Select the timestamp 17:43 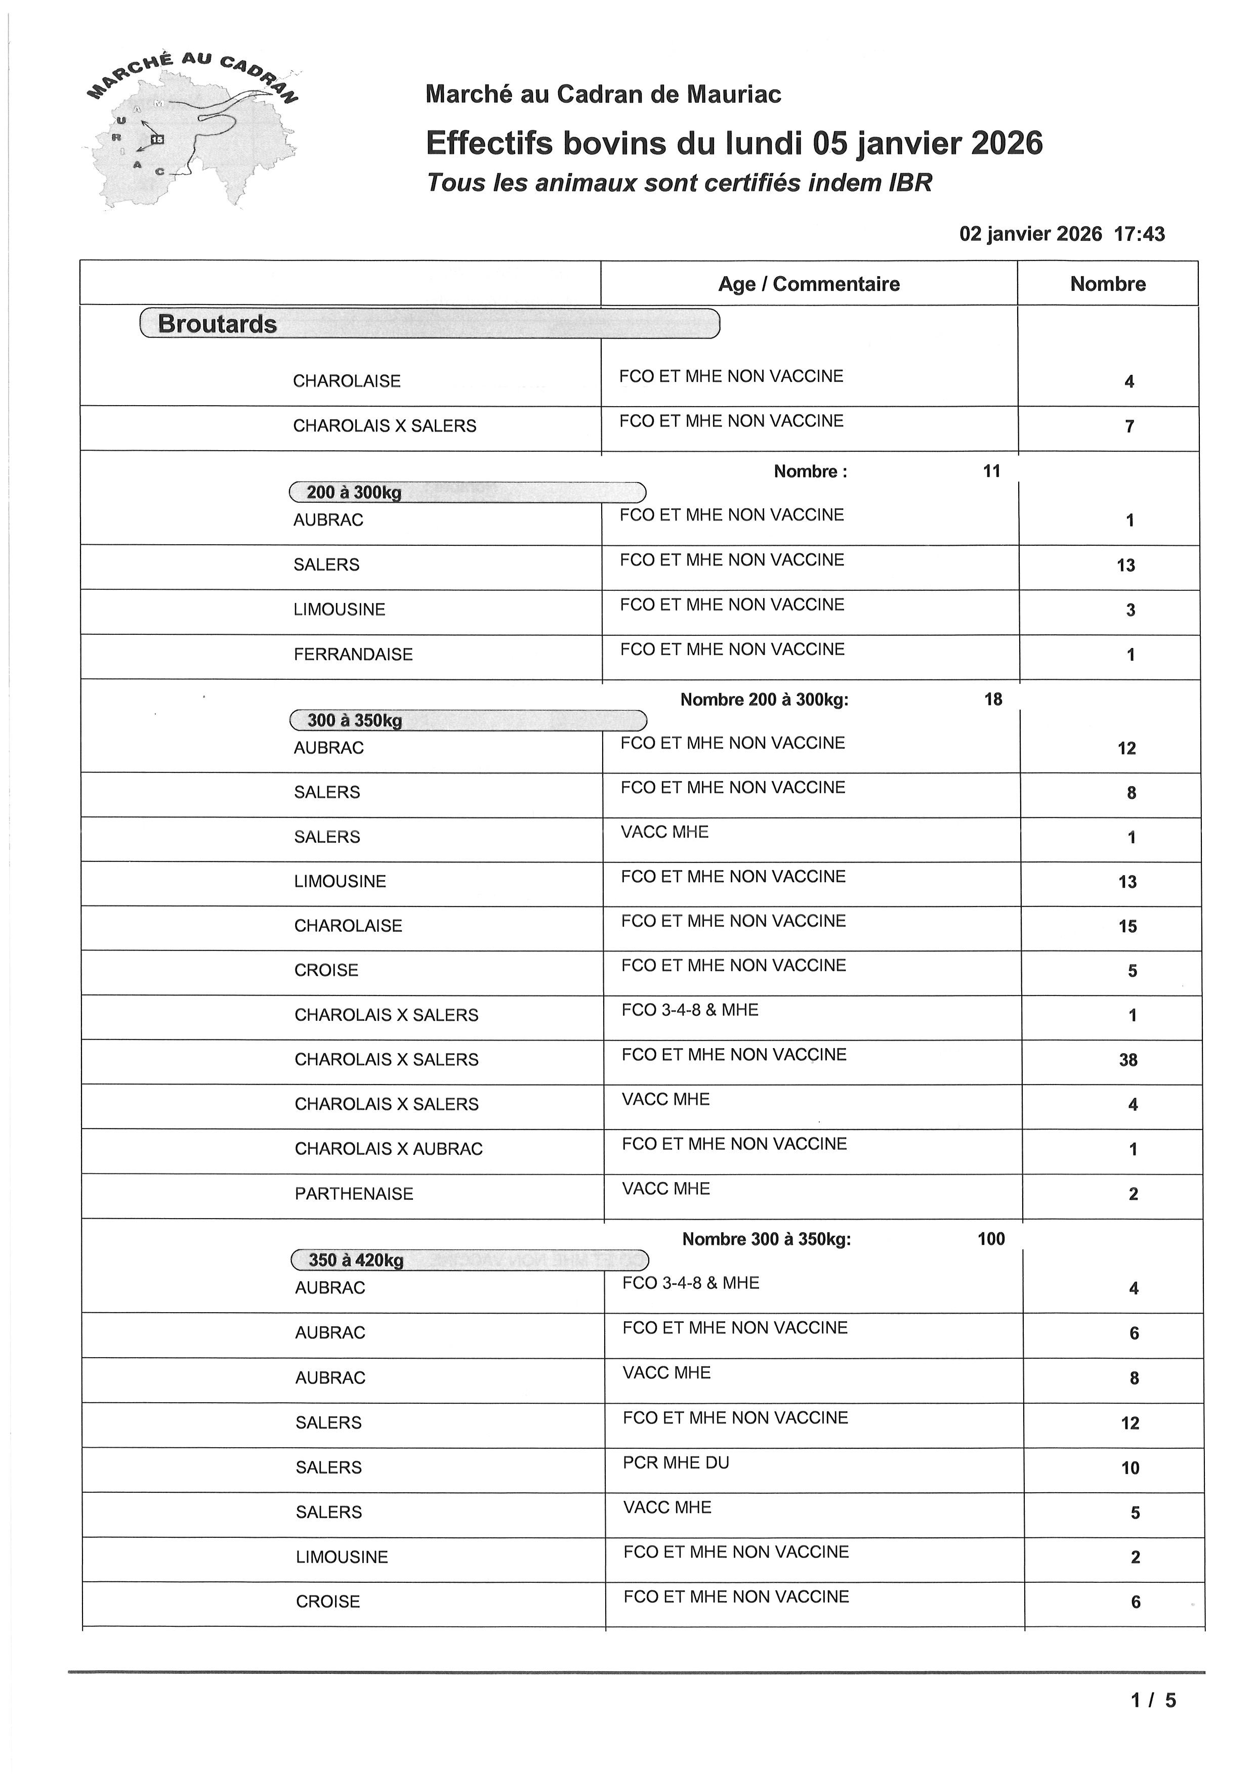[x=1139, y=234]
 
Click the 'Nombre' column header [x=1107, y=284]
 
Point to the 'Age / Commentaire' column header [x=808, y=284]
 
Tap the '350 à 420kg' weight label [x=355, y=1260]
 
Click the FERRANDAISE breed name [x=353, y=655]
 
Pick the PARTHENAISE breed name [x=354, y=1194]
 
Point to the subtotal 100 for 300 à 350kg [x=991, y=1239]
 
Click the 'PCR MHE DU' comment [x=676, y=1462]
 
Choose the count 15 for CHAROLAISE [x=1127, y=926]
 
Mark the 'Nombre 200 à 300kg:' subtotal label [x=764, y=700]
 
